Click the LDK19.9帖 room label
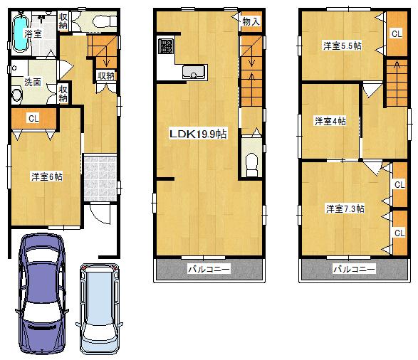coord(197,133)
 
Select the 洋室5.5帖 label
coord(342,46)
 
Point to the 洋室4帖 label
coord(330,121)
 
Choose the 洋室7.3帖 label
coord(345,208)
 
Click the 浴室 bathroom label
coord(33,33)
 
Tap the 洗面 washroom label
coord(33,81)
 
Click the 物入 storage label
coord(251,21)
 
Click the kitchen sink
coord(193,71)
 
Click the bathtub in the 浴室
coord(21,36)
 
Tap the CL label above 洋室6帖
coord(33,119)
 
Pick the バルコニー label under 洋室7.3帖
coord(354,270)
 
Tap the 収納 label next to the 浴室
coord(63,21)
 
